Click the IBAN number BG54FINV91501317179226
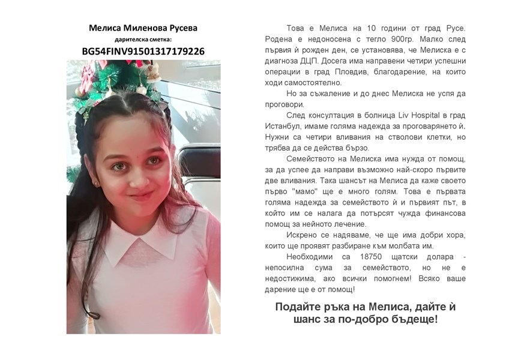coord(143,52)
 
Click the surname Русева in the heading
coord(181,28)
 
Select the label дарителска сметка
coord(143,39)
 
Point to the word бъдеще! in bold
coord(418,319)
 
